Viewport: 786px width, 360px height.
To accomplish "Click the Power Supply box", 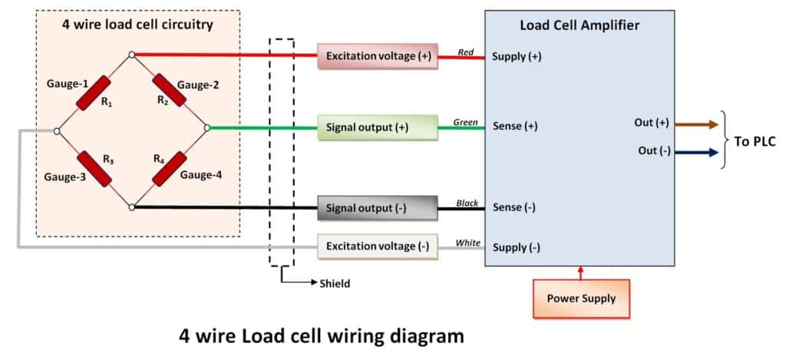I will coord(581,299).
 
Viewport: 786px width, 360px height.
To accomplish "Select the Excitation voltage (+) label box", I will coord(377,56).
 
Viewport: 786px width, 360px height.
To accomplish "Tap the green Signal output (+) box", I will coord(377,127).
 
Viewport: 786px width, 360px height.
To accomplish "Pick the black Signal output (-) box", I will coord(377,207).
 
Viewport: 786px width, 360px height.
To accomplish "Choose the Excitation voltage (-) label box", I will coord(377,246).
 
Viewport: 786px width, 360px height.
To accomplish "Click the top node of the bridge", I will coord(132,54).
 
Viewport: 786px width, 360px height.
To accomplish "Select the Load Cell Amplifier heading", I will coord(579,25).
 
